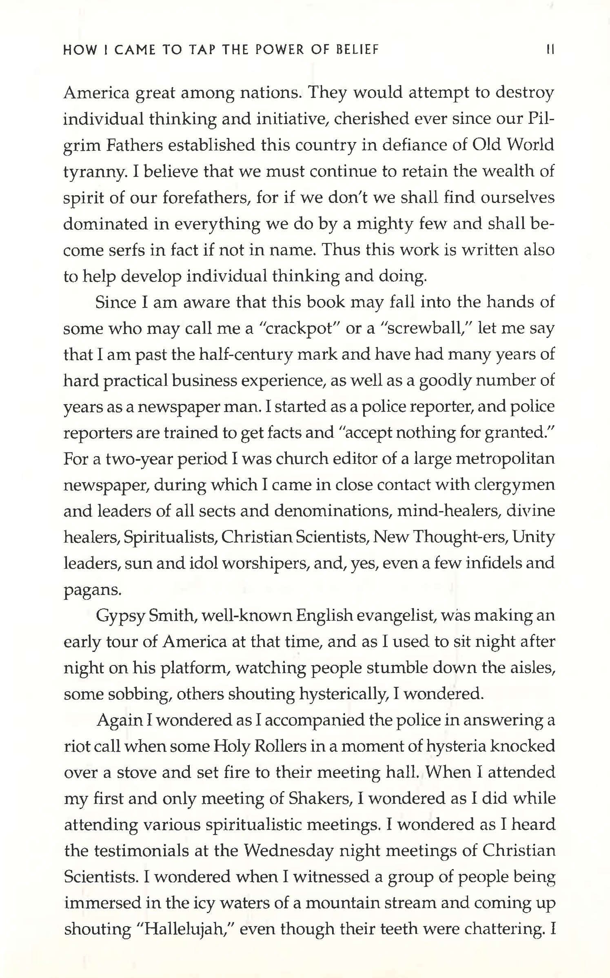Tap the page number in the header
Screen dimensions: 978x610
(x=550, y=50)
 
